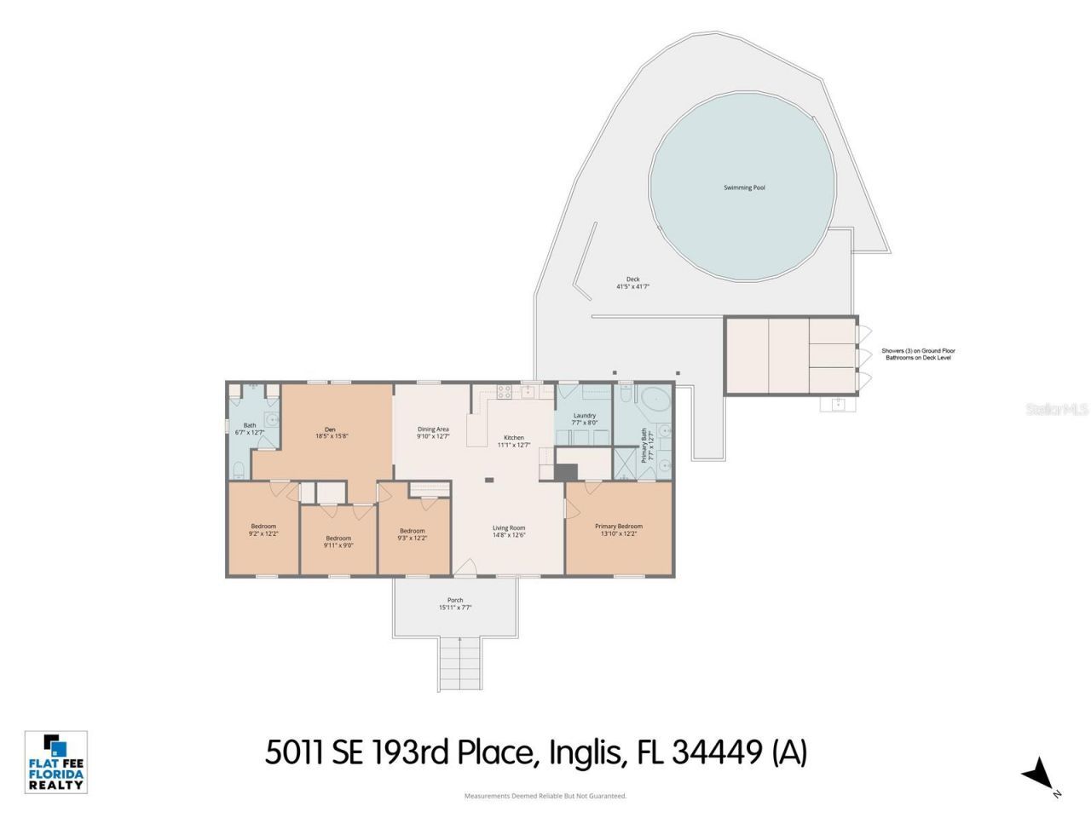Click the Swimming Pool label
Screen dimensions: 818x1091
click(743, 187)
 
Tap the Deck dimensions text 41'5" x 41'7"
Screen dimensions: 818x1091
click(632, 287)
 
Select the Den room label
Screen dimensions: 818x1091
click(330, 429)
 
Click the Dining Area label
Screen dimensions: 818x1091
click(433, 429)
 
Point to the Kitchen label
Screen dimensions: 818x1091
click(513, 438)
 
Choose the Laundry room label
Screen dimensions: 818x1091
click(584, 416)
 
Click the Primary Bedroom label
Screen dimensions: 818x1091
click(618, 527)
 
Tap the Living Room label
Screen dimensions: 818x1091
click(508, 528)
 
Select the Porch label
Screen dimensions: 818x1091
click(455, 601)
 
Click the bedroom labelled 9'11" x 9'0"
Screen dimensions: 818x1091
click(338, 539)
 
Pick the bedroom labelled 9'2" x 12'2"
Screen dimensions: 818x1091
click(263, 527)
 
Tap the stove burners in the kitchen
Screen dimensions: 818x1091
click(503, 392)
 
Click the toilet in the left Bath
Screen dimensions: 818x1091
click(240, 469)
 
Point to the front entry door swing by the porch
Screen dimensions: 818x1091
click(465, 567)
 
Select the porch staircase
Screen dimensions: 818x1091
click(459, 665)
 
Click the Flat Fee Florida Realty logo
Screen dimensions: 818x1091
click(56, 762)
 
